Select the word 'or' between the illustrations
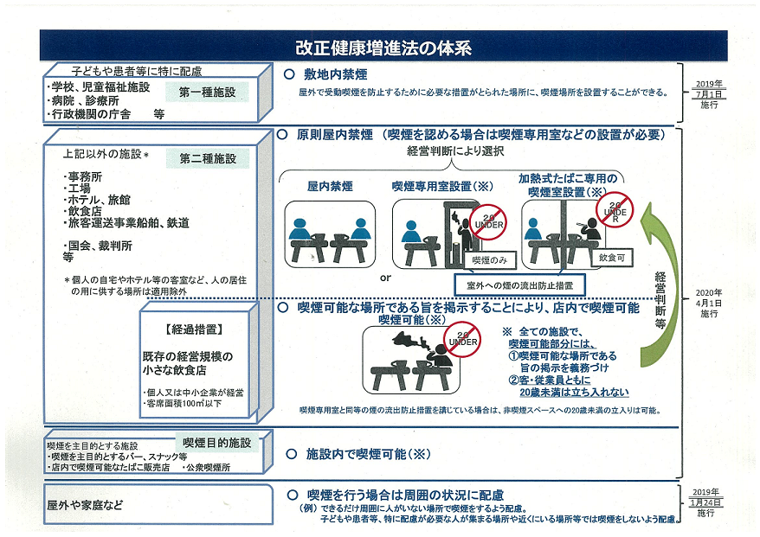[x=385, y=278]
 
